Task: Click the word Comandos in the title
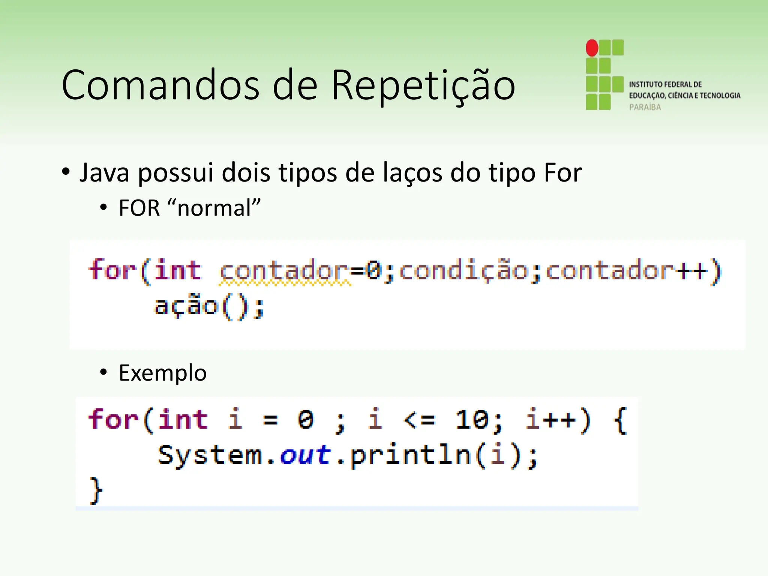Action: click(x=160, y=85)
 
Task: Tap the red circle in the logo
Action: click(x=592, y=48)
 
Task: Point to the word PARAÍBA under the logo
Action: click(x=645, y=107)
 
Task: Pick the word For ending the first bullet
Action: click(x=563, y=173)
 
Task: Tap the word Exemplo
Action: click(x=162, y=373)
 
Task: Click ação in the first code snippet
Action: click(x=186, y=306)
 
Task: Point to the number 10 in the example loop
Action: click(x=472, y=419)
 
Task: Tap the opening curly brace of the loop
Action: click(x=620, y=420)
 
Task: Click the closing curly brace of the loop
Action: click(x=96, y=490)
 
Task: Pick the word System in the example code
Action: click(x=210, y=455)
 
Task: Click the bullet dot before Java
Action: click(x=66, y=172)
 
